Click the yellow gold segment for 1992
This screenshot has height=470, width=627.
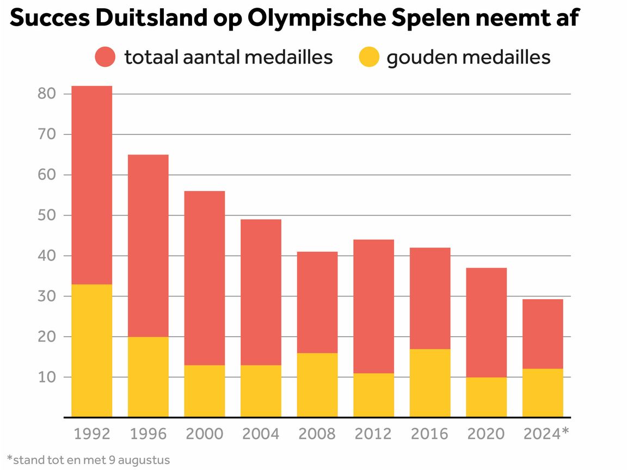(x=91, y=351)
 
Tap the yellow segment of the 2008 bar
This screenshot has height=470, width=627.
(x=317, y=385)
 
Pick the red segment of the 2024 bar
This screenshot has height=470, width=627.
(x=543, y=334)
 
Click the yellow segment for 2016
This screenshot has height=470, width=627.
(x=430, y=383)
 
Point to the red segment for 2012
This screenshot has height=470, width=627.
(x=373, y=306)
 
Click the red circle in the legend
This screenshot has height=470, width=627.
(x=105, y=57)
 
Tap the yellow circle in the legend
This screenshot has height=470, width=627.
(x=368, y=57)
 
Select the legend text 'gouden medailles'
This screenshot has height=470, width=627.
(x=469, y=57)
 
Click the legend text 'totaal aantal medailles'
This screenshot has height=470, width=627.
(x=229, y=57)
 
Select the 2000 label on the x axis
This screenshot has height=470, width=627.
(x=204, y=434)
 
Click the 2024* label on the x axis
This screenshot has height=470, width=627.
(x=545, y=434)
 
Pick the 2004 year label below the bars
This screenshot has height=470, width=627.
(x=261, y=434)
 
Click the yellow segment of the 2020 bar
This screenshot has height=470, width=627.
(x=486, y=397)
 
